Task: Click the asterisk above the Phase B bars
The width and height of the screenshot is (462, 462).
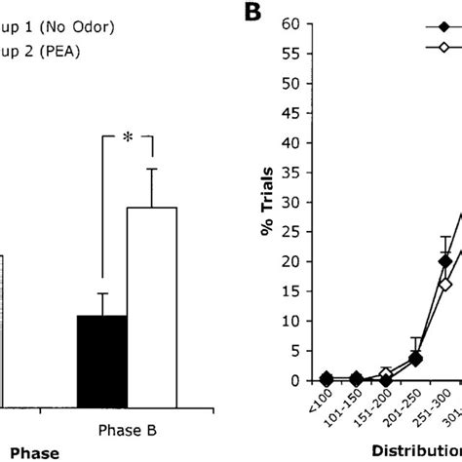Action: [x=127, y=139]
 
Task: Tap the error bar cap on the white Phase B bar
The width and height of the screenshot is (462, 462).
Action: [x=151, y=169]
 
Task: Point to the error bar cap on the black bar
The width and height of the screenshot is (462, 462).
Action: [x=101, y=293]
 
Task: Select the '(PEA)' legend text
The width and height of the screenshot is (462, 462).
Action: [x=39, y=53]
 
